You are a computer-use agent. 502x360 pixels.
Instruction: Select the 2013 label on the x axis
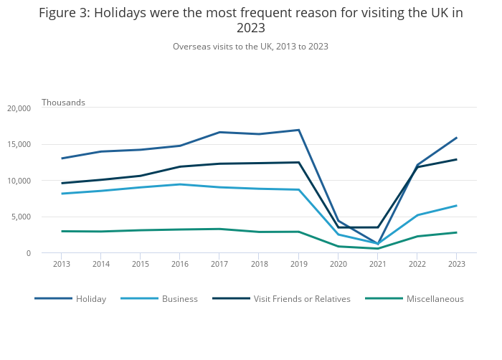[62, 264]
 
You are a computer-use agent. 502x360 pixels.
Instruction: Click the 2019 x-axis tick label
[298, 264]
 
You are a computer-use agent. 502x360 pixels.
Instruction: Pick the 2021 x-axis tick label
[377, 264]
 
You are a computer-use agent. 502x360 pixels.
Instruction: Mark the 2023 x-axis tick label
[456, 264]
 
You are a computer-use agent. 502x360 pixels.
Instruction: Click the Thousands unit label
[63, 103]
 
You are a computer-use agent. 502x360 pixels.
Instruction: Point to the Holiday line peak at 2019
[298, 130]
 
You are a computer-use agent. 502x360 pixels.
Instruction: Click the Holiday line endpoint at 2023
[456, 138]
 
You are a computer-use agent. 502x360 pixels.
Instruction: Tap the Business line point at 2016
[180, 184]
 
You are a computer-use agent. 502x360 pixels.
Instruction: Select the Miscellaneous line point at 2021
[377, 249]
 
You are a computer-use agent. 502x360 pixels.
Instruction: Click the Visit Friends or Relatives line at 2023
[456, 159]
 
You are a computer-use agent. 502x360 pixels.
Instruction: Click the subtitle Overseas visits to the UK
[250, 47]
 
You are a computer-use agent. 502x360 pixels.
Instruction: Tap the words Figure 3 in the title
[65, 13]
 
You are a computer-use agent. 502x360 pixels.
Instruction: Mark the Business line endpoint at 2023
[456, 206]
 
